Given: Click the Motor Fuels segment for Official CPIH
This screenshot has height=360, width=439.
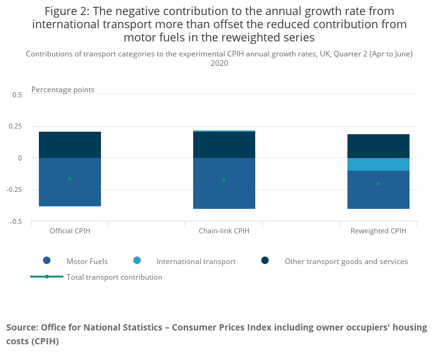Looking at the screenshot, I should pos(70,191).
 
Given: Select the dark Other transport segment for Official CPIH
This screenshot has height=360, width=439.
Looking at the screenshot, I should pos(70,145).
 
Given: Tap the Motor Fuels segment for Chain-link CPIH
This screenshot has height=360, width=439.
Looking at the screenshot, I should pos(224,194).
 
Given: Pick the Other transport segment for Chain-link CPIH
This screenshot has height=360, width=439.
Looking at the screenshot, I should pos(224,145).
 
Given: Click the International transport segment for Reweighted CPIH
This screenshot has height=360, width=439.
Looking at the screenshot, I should pos(378,164).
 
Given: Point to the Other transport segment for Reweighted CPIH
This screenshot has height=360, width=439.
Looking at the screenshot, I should pos(378,146).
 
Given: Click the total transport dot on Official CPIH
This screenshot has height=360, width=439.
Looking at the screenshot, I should pos(70,179).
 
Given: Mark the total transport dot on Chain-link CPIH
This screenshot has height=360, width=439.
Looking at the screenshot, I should pos(224,180).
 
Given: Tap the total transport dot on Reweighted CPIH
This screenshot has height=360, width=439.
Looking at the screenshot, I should pos(378,184).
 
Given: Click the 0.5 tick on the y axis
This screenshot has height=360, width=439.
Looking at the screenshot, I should pos(17,95).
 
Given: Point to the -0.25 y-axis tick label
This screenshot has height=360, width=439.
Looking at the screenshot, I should pos(14,189).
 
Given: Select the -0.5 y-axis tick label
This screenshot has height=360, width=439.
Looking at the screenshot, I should pos(16,221).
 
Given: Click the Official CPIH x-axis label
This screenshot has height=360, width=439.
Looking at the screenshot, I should pos(70,231).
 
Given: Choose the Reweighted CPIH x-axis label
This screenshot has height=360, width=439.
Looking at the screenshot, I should pos(378,231).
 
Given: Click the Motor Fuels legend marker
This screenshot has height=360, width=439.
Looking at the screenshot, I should pos(47,261).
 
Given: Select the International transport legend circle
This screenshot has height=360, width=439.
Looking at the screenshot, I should pos(137,261).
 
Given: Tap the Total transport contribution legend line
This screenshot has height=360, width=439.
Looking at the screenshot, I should pos(47,277).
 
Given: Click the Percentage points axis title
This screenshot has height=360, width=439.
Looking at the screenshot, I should pos(63,90).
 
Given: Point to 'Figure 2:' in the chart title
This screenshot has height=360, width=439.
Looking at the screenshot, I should pos(65,11).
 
